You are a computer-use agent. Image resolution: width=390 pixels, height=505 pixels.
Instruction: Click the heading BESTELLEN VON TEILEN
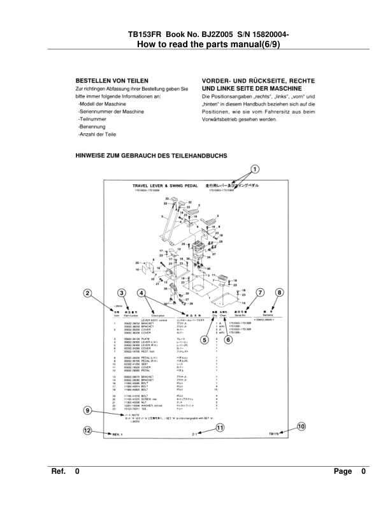point(112,81)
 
